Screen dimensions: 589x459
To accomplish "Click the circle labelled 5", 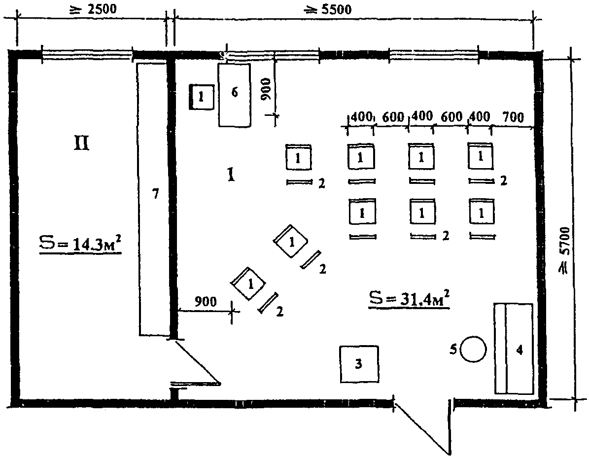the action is tap(473, 349).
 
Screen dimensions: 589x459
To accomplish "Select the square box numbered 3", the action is tap(359, 364).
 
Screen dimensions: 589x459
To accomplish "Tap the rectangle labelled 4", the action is tap(514, 349).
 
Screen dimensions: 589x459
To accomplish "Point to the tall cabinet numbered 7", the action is tap(153, 200).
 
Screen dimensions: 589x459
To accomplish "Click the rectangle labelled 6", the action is tap(235, 95).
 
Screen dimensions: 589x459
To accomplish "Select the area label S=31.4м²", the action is tap(409, 299).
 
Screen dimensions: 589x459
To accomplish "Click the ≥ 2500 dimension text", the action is tap(94, 9).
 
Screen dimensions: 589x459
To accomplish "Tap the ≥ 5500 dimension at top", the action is tap(328, 9).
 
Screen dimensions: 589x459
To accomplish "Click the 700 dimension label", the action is tap(513, 117).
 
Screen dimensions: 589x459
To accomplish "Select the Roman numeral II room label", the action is tap(81, 143).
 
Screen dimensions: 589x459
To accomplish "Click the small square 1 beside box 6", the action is tap(201, 97).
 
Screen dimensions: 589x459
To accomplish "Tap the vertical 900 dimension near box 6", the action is tap(266, 89).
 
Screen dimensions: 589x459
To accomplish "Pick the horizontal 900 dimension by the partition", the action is tap(206, 301).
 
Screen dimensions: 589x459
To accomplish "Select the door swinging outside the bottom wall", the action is tap(422, 427).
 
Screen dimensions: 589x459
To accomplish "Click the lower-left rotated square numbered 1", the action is tap(248, 283).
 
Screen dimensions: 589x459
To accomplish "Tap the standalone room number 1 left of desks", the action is tap(231, 175).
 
